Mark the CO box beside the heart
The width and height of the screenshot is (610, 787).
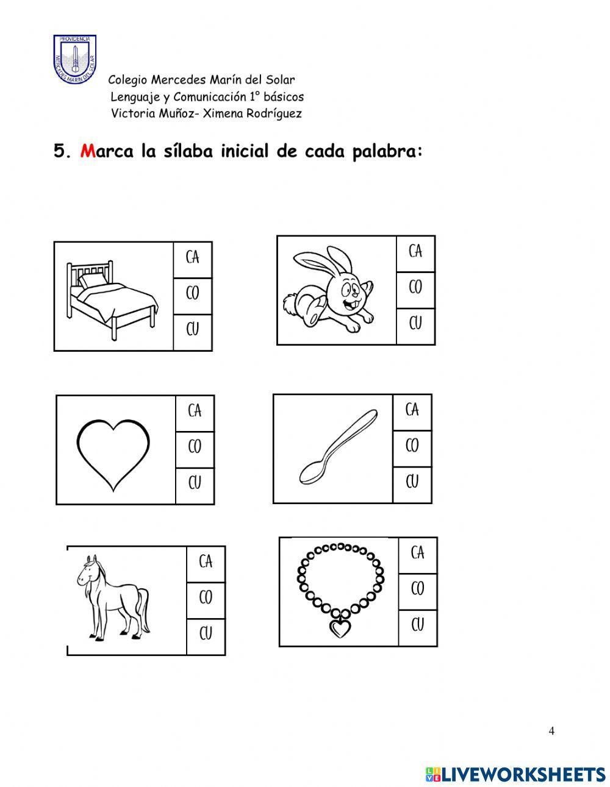pos(195,449)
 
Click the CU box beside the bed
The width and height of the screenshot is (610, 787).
pos(193,332)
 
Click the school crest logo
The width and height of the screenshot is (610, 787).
pos(74,59)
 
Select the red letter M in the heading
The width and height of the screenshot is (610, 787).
pos(87,151)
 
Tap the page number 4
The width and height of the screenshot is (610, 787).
pos(551,731)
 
